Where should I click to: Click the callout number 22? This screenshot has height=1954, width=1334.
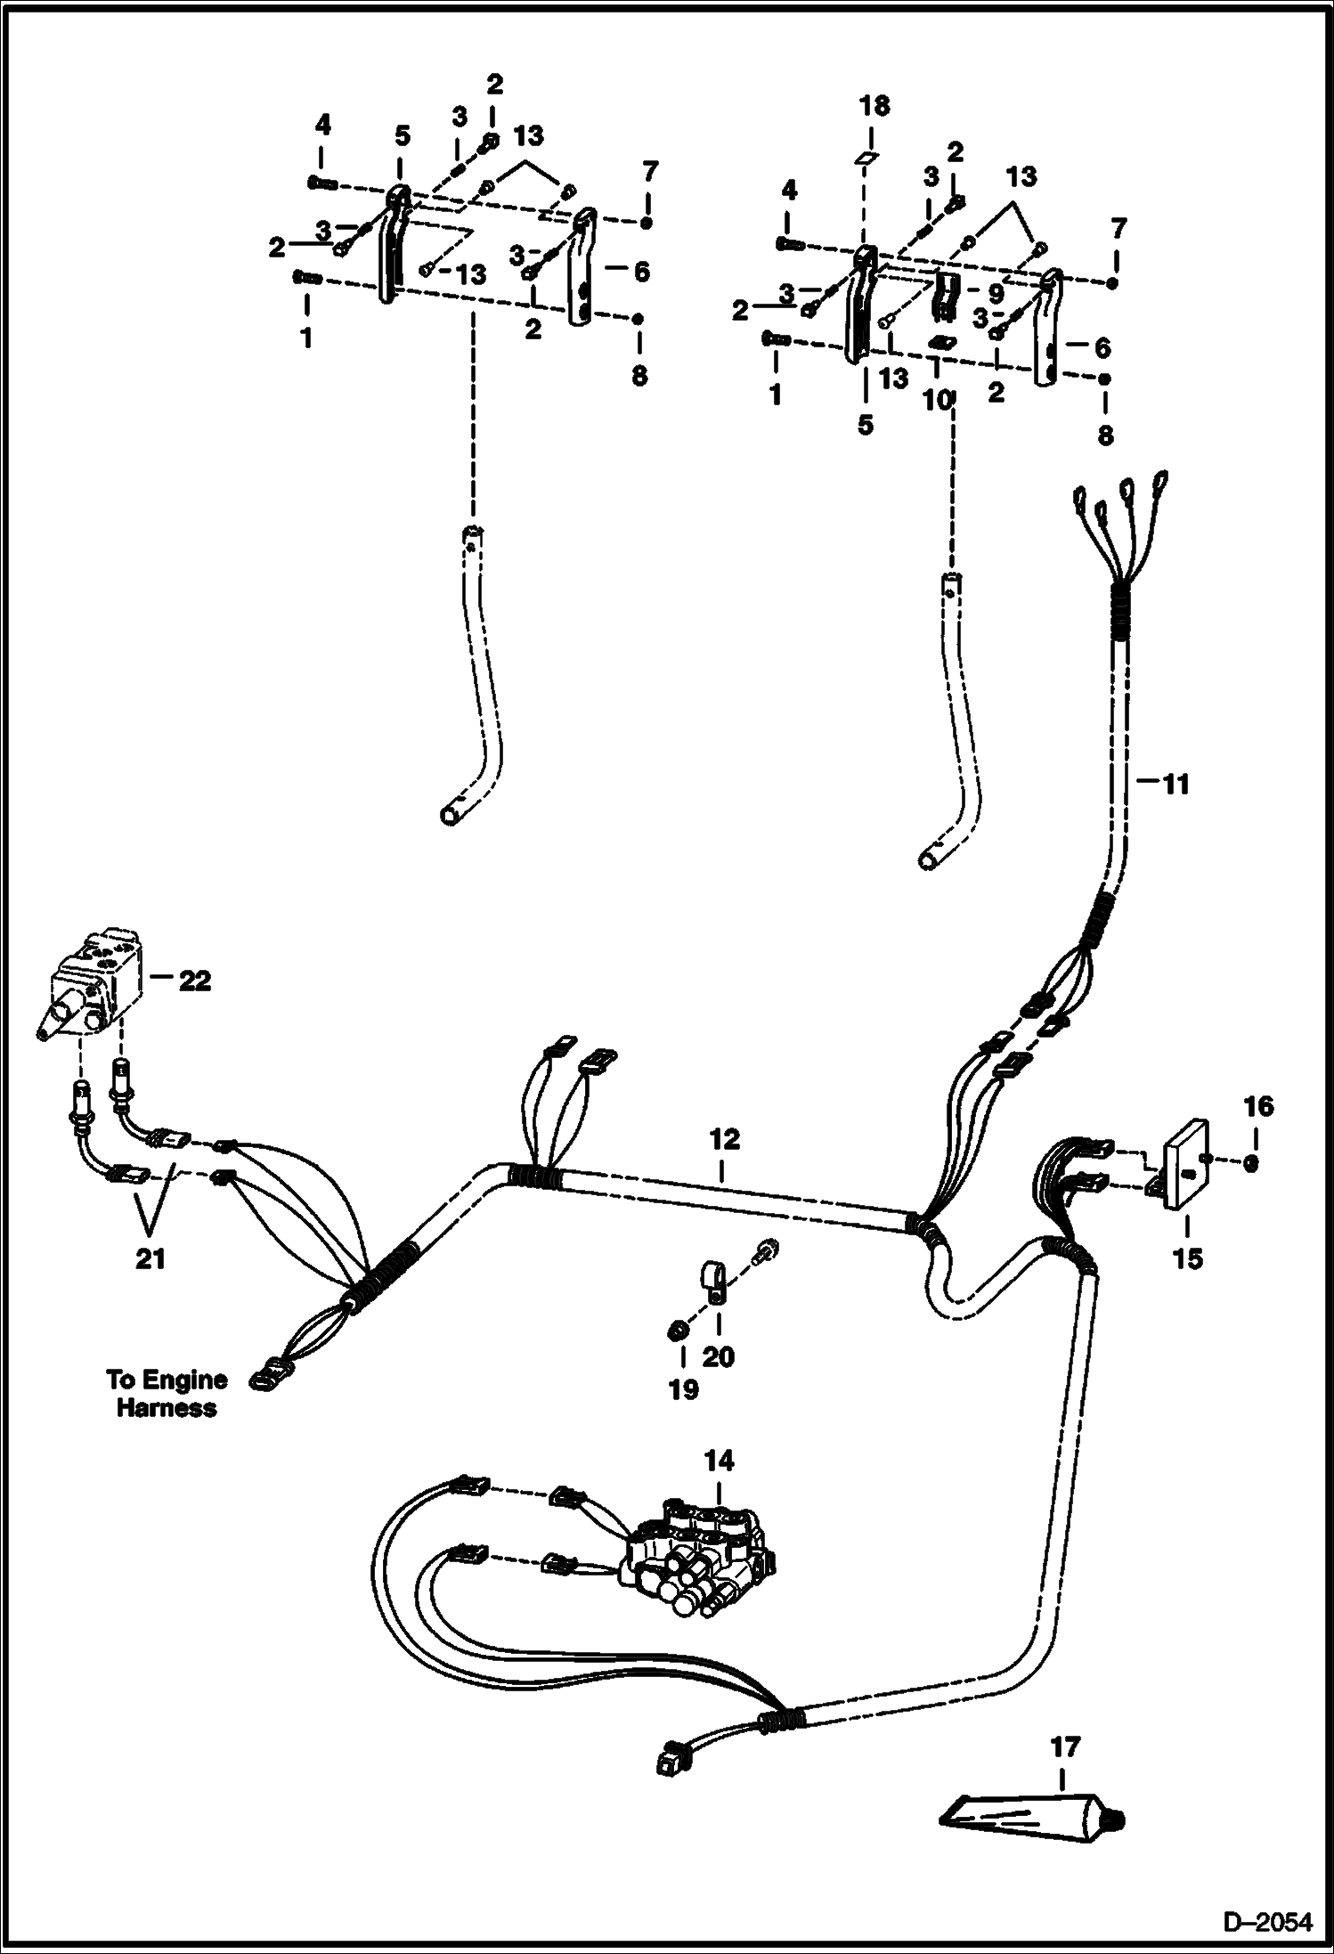(x=195, y=981)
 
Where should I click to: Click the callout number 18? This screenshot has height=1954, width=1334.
(x=874, y=106)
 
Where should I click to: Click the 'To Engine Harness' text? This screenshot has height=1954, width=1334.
(x=167, y=1394)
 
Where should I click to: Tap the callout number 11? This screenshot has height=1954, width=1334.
(x=1175, y=785)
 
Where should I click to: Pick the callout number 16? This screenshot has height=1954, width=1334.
(x=1259, y=1106)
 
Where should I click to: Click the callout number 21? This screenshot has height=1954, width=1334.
(x=150, y=1259)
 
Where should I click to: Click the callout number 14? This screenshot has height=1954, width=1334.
(x=720, y=1461)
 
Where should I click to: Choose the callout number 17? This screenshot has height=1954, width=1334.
(x=1065, y=1747)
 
